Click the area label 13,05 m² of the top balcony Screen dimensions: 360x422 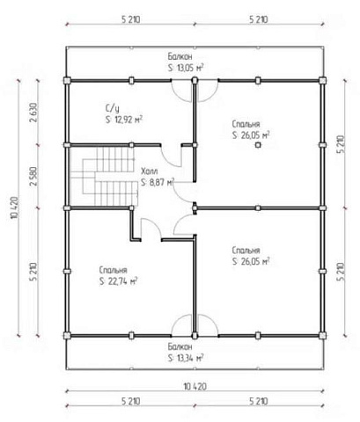[190, 68]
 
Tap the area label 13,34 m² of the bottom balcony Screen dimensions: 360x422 [190, 358]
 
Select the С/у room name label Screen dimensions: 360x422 [113, 108]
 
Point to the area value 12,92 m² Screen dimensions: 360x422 [129, 120]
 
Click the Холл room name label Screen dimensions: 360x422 [150, 171]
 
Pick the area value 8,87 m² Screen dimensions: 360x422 [162, 182]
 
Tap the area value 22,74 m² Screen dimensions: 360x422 [122, 281]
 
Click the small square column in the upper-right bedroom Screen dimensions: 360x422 [258, 145]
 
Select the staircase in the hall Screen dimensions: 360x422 [104, 177]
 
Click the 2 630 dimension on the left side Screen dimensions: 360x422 [33, 113]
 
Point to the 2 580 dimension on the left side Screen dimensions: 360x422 [33, 177]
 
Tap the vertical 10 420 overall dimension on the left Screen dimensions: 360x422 [15, 207]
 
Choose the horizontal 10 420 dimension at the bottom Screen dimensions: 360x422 [195, 387]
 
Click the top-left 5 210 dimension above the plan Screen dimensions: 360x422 [131, 19]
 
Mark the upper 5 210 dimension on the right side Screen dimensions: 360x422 [341, 144]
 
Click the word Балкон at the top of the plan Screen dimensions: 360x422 [180, 56]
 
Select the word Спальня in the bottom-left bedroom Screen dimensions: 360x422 [114, 270]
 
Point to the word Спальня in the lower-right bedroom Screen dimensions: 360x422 [246, 251]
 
